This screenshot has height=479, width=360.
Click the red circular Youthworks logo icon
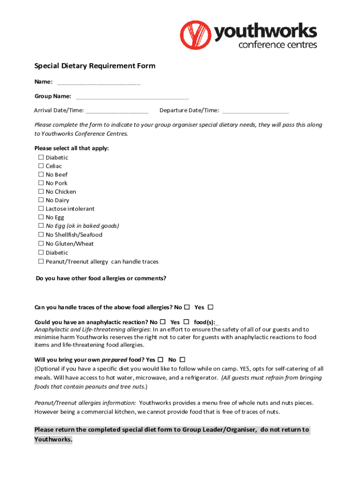pyautogui.click(x=196, y=35)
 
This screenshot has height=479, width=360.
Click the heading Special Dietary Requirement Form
pyautogui.click(x=95, y=66)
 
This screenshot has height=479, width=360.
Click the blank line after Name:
pyautogui.click(x=98, y=83)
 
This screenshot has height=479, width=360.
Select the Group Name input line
pyautogui.click(x=132, y=97)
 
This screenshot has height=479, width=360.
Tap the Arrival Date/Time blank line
pyautogui.click(x=117, y=111)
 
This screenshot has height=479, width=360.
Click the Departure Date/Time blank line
pyautogui.click(x=255, y=111)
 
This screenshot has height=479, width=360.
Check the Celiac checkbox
pyautogui.click(x=41, y=166)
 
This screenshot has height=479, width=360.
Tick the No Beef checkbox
pyautogui.click(x=41, y=174)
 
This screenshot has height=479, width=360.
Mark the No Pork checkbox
pyautogui.click(x=41, y=183)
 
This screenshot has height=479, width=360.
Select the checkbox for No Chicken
pyautogui.click(x=41, y=192)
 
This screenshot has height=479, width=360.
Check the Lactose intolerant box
pyautogui.click(x=41, y=209)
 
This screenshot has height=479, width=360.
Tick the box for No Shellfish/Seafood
pyautogui.click(x=41, y=235)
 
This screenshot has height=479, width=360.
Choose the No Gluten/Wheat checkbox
pyautogui.click(x=41, y=244)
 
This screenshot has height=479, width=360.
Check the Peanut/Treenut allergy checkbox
pyautogui.click(x=41, y=261)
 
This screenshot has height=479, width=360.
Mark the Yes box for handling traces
pyautogui.click(x=210, y=307)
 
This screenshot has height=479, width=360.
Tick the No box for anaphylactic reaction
pyautogui.click(x=163, y=322)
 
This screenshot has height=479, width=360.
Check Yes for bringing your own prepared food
pyautogui.click(x=160, y=360)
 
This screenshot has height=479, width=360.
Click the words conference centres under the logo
pyautogui.click(x=278, y=45)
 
